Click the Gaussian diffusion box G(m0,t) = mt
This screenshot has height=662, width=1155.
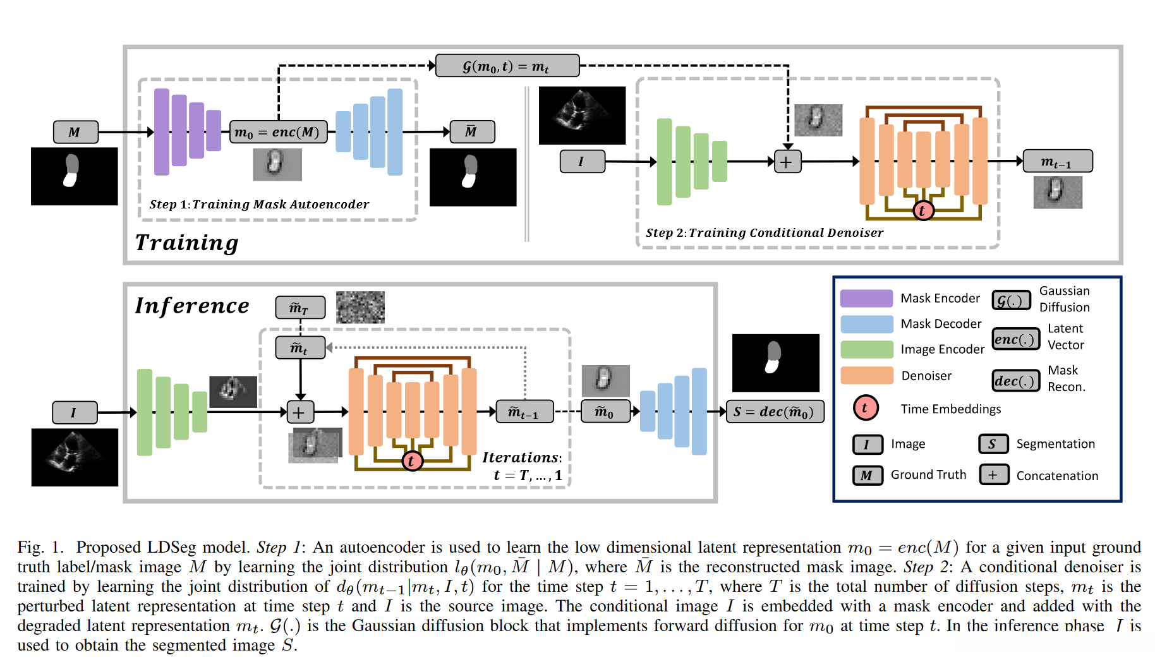(507, 66)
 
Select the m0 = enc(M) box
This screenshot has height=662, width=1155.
(278, 132)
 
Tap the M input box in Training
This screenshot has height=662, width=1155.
(75, 132)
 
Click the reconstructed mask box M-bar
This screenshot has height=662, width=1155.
(471, 131)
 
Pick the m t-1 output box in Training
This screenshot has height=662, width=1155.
(1057, 161)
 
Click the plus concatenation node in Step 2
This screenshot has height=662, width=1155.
(787, 162)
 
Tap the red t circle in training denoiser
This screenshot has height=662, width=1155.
(922, 210)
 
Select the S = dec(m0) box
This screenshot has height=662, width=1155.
(775, 412)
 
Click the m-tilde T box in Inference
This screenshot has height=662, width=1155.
(300, 308)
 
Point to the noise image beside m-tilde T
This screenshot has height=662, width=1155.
(360, 307)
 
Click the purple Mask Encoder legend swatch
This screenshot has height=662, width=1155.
(866, 298)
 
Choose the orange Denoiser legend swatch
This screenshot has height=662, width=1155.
(866, 375)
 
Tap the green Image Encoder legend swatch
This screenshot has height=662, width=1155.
(866, 349)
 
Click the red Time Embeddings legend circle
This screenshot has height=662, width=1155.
(865, 408)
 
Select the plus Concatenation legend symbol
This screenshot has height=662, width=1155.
(993, 475)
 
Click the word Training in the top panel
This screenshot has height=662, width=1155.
(187, 243)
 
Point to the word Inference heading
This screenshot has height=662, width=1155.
(192, 306)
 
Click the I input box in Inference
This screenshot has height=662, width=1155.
(75, 412)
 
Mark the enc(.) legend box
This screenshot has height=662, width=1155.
(1015, 339)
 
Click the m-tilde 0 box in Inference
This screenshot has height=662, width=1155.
(605, 412)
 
